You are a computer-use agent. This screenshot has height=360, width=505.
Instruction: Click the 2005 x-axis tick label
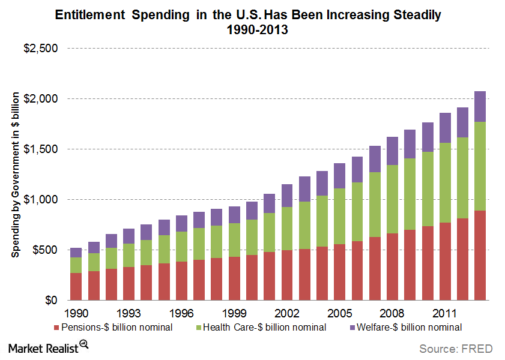tap(340, 313)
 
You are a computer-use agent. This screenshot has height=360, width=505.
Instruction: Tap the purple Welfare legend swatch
tap(352, 328)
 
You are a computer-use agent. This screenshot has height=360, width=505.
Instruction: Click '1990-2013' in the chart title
tap(252, 30)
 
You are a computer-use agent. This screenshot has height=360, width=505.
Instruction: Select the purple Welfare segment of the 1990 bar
tap(76, 253)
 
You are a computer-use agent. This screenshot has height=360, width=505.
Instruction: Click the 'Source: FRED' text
tap(456, 349)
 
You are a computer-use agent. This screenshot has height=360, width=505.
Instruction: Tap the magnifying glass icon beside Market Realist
tap(84, 344)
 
